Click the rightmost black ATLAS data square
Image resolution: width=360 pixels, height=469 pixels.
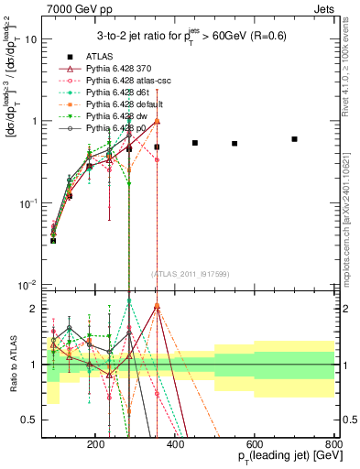(294, 139)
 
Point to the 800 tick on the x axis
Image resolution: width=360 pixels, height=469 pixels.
(333, 442)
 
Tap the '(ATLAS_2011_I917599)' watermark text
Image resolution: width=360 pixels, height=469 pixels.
(191, 275)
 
